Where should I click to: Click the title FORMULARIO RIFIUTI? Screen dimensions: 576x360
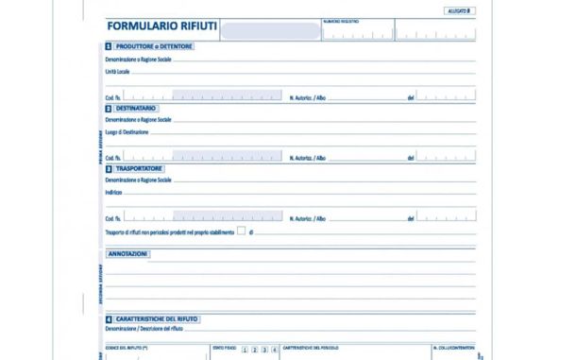pos(162,28)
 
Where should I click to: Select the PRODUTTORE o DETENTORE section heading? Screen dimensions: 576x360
pos(155,45)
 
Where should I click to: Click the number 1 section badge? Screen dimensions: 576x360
pos(109,45)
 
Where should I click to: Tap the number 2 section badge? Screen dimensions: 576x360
pos(109,108)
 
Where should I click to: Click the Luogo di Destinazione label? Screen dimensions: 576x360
pos(127,132)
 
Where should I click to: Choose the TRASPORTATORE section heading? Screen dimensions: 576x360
pos(144,168)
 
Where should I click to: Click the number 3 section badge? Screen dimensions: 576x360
pos(109,168)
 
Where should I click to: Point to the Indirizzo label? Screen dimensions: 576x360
pos(114,192)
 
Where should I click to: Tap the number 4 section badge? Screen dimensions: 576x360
pos(109,319)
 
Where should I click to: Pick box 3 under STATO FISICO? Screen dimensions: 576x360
pos(264,350)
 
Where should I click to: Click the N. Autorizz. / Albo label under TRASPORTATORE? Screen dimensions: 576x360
pos(308,217)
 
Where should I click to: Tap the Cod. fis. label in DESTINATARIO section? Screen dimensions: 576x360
pos(113,157)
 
